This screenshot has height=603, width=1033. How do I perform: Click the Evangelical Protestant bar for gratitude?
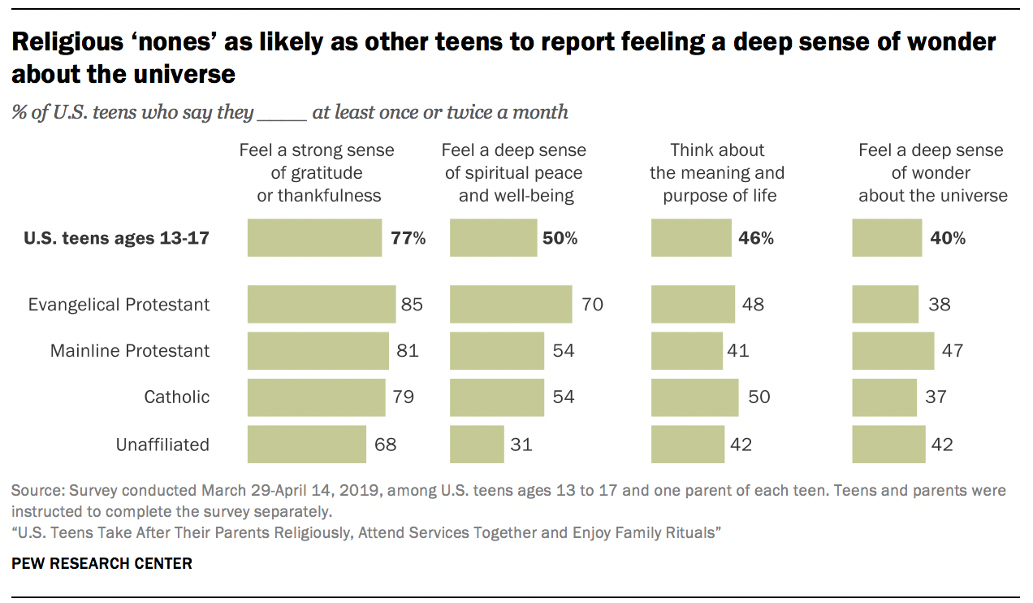[322, 305]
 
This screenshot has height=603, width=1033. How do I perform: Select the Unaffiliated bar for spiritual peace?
[477, 445]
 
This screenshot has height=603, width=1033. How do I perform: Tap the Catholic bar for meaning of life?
[695, 397]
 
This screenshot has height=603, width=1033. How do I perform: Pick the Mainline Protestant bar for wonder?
[893, 351]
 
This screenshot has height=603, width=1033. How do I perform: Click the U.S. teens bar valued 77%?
[314, 238]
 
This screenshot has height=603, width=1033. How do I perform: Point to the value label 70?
[592, 305]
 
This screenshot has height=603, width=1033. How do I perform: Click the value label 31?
[521, 445]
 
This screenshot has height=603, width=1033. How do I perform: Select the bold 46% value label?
[756, 238]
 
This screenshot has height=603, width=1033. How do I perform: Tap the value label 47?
[952, 351]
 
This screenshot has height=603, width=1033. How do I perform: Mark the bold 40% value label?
[948, 238]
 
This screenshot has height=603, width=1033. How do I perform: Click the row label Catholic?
[177, 397]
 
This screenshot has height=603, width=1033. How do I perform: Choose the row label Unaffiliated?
[162, 445]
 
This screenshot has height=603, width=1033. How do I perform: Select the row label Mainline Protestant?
[130, 351]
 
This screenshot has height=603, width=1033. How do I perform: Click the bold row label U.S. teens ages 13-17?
[117, 238]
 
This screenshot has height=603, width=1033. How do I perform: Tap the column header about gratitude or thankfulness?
[317, 173]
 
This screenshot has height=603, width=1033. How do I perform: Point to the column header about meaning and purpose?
[717, 173]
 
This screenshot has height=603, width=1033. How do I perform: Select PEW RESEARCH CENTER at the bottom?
[102, 563]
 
